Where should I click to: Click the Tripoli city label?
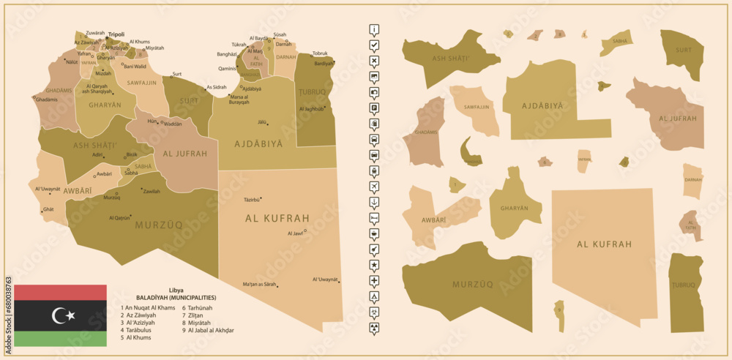[x=116, y=34]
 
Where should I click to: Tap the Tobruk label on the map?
[x=320, y=53]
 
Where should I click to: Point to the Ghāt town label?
[x=49, y=209]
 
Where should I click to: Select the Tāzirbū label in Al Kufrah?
[x=251, y=199]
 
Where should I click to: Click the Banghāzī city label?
[x=227, y=54]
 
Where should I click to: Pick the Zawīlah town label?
[x=152, y=191]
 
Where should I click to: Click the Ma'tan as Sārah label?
[x=259, y=284]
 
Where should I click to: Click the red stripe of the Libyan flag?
[x=60, y=292]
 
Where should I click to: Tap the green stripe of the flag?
[x=60, y=338]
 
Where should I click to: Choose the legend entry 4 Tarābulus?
[x=138, y=330]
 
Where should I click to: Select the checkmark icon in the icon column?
[x=374, y=45]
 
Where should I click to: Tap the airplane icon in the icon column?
[x=374, y=187]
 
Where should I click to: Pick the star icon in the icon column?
[x=374, y=265]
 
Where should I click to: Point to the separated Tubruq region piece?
[x=686, y=293]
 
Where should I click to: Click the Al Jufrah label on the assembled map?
[x=182, y=154]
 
